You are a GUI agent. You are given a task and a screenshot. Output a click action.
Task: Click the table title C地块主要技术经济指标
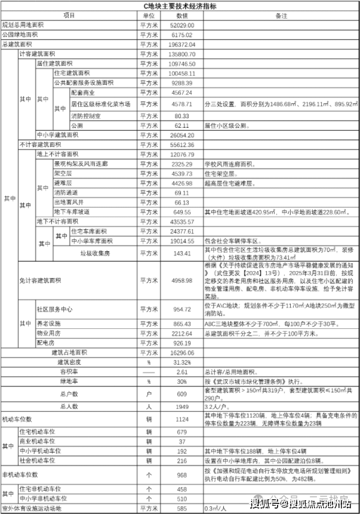coord(180,6)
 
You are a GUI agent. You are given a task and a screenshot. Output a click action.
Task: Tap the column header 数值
coord(182,15)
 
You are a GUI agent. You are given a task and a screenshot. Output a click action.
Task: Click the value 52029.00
coord(182,26)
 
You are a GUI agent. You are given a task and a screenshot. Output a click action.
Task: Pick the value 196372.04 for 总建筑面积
coord(182,45)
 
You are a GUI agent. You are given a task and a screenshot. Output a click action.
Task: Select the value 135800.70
coord(182,54)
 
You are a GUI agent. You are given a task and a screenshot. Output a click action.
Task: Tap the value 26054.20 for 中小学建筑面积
coord(182,135)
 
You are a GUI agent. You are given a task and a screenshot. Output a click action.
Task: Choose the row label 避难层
coord(63,183)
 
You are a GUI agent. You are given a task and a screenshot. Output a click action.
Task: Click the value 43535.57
coord(182,221)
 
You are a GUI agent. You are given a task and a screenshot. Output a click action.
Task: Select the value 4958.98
coord(182,280)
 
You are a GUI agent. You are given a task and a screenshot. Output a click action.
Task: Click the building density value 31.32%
coord(182,362)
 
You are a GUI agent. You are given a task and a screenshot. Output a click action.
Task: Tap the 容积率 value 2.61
coord(182,371)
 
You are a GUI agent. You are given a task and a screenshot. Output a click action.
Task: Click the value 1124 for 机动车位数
coord(182,419)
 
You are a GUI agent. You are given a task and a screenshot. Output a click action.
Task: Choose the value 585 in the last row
coord(182,507)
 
